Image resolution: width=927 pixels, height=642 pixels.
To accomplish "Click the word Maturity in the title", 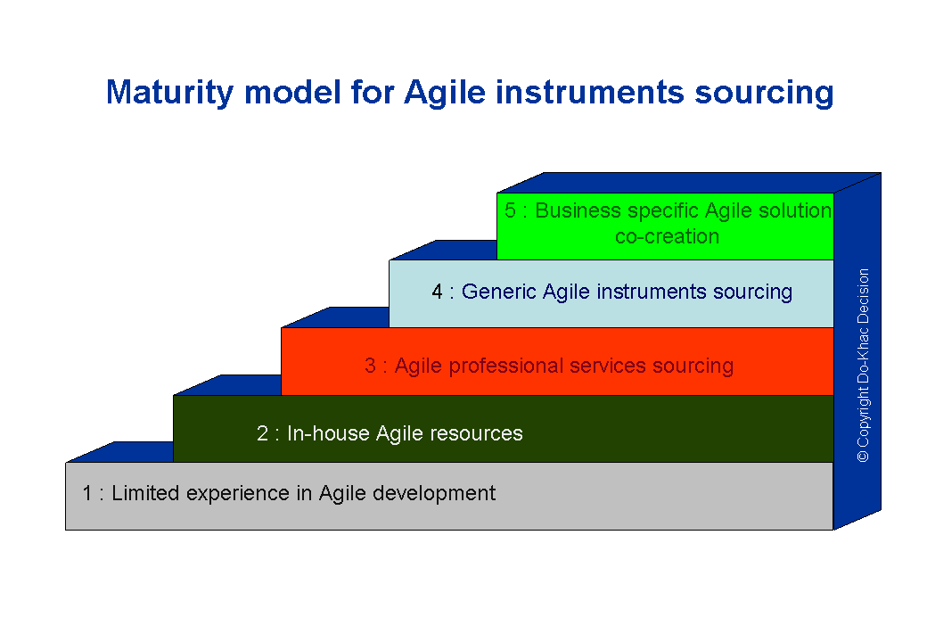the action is [169, 94].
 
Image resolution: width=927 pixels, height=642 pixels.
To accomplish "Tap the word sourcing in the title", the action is [764, 94].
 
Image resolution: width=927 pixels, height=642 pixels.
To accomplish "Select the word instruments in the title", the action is [589, 92].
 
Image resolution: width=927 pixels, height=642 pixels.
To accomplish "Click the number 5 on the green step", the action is [510, 210].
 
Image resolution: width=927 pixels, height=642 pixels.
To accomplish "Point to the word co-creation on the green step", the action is [667, 236].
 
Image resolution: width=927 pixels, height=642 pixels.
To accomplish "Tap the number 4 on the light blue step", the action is [437, 292].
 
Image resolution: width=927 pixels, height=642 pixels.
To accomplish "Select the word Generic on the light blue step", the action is [498, 292].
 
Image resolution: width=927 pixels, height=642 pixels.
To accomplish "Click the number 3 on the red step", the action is [370, 366].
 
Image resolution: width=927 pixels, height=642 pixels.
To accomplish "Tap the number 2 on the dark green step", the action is [262, 433].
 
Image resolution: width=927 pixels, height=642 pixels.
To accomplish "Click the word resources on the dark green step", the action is [476, 434].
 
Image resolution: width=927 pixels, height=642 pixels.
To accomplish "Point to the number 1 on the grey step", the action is [87, 493].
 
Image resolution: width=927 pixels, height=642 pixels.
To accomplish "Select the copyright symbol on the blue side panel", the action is [863, 457].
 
